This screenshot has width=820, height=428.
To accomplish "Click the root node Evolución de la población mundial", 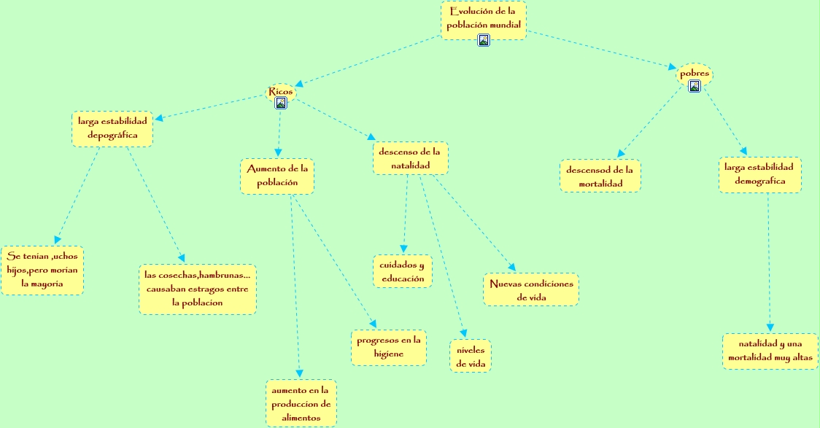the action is click(483, 17).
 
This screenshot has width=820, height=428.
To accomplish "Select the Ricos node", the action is click(281, 91).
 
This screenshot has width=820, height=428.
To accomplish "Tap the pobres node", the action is click(694, 73).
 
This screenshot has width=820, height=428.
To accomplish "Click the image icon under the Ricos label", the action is click(281, 103).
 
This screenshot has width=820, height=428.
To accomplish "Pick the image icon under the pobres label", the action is click(695, 86).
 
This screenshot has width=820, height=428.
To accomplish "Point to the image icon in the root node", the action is click(484, 40).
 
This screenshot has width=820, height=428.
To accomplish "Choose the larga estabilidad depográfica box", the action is click(112, 128).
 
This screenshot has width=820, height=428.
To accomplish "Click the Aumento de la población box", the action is click(277, 176).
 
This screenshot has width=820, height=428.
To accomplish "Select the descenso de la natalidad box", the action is click(410, 158).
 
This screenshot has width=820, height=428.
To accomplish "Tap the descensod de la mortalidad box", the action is click(600, 176).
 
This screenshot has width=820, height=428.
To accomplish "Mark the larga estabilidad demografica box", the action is click(759, 174).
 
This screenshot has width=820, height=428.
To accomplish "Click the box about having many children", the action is click(42, 270).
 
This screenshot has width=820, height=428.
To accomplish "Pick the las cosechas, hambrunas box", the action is click(198, 289).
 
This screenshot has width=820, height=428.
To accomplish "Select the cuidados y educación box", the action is click(402, 271).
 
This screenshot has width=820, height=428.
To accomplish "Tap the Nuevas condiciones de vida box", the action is click(531, 289).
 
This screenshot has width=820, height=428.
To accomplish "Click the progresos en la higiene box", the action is click(389, 347).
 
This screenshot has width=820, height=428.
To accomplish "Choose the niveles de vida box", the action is click(471, 356).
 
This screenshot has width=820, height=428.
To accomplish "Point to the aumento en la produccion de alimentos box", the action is click(301, 403).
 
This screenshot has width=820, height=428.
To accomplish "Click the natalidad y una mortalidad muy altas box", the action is click(770, 351).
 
